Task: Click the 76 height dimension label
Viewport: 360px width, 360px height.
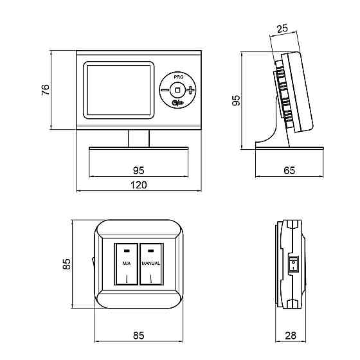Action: (x=46, y=90)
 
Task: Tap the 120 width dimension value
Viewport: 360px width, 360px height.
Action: (x=138, y=185)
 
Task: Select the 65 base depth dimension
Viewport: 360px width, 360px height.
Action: (x=289, y=170)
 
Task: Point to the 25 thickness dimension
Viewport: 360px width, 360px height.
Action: (x=282, y=29)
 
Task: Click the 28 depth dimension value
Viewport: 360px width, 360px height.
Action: (x=291, y=336)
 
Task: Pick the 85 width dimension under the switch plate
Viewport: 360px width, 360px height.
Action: (x=139, y=336)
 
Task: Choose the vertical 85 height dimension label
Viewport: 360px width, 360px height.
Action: (x=67, y=264)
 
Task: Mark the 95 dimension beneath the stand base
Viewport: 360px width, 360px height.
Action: (x=139, y=170)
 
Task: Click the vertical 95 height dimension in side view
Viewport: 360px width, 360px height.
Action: (x=236, y=100)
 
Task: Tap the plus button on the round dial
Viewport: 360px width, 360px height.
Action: (x=190, y=90)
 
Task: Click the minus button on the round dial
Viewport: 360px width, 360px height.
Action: (x=165, y=90)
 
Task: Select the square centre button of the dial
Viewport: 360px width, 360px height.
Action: (x=177, y=90)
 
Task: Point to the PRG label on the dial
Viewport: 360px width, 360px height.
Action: (x=179, y=77)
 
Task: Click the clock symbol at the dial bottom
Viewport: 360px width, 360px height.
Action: (x=175, y=104)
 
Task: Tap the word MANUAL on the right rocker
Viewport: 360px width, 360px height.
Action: (x=150, y=264)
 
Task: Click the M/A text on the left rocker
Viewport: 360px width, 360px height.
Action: (x=127, y=264)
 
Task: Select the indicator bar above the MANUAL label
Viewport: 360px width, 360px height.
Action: (x=150, y=251)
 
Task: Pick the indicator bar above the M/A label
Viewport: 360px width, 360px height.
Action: (x=127, y=251)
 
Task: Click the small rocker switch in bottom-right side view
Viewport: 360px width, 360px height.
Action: (x=293, y=264)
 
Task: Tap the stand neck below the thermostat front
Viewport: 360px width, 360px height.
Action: (x=139, y=138)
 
